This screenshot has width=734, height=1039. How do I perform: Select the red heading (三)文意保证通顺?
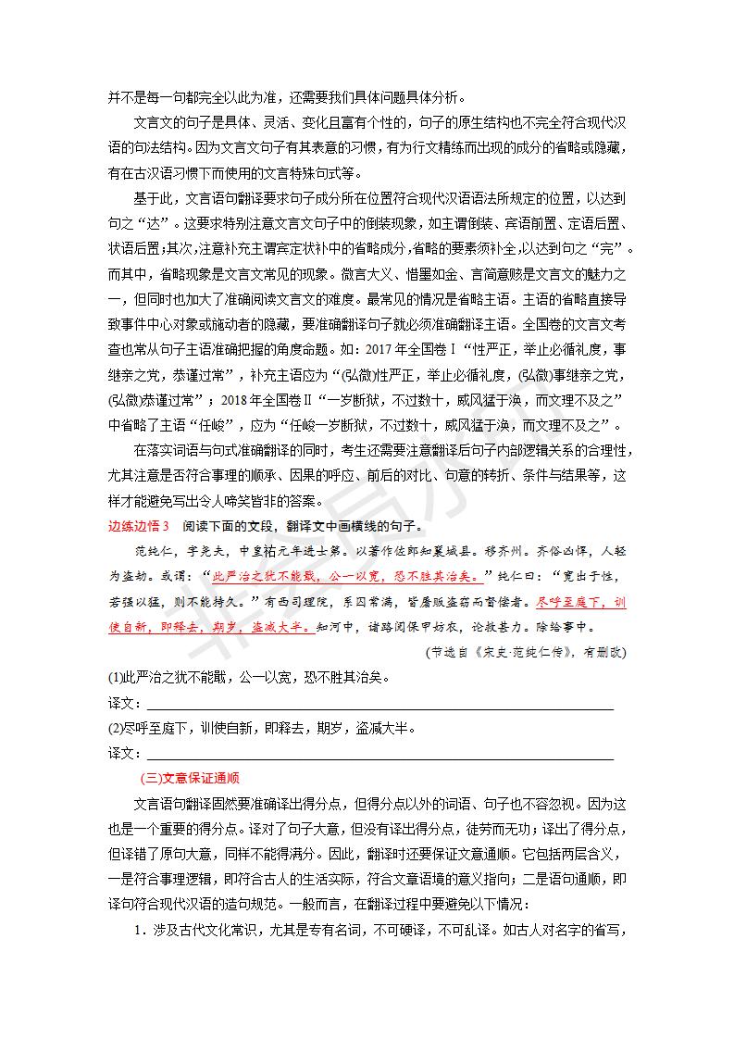tap(189, 777)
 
